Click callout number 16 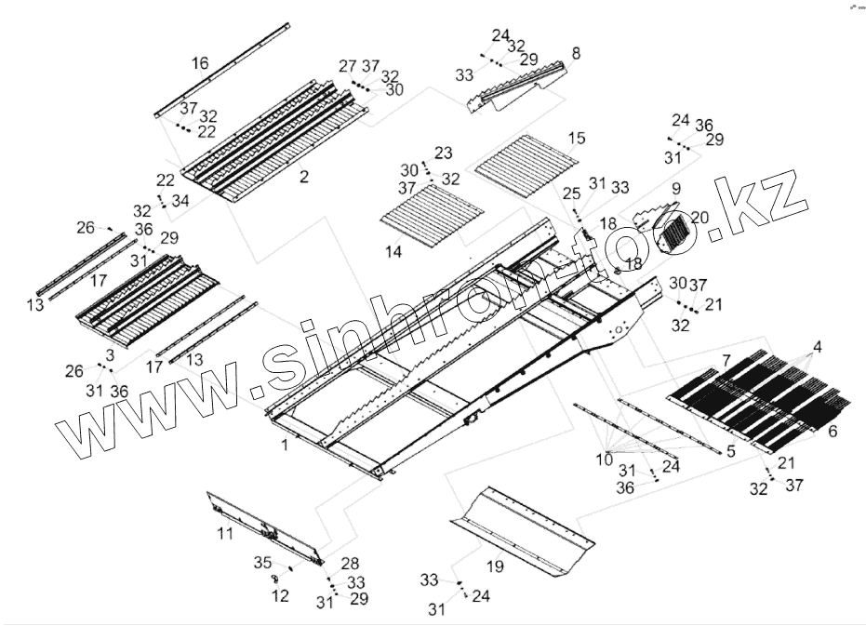(200, 63)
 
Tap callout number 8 (576, 54)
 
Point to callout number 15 (577, 139)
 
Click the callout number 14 (393, 252)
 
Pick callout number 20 (699, 217)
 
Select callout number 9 (675, 189)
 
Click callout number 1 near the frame (285, 446)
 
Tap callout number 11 (225, 534)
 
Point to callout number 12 (280, 595)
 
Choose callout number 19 (494, 566)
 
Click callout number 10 (605, 458)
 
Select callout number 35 (262, 563)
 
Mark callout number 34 (180, 200)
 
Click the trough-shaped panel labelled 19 (521, 526)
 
